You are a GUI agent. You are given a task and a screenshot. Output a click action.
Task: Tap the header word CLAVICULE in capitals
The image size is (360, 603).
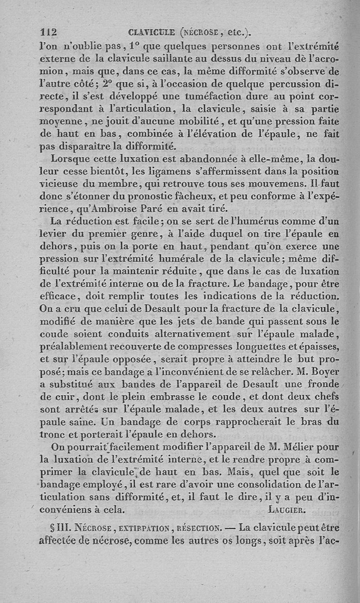151,32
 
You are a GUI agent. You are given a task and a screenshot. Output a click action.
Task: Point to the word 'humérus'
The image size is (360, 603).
246,222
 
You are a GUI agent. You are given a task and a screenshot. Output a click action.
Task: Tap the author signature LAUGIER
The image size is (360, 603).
287,510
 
